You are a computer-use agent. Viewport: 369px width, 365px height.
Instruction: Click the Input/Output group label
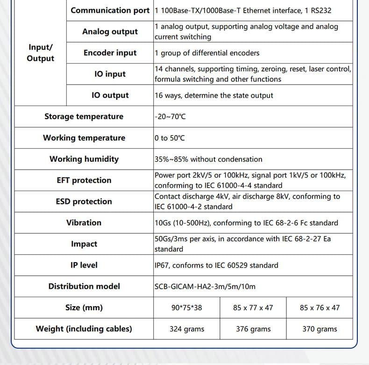(x=40, y=53)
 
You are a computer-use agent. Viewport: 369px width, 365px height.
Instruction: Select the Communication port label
(x=110, y=10)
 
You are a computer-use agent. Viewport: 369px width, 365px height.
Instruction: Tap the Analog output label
(x=110, y=31)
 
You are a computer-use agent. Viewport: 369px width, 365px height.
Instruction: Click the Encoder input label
(x=110, y=53)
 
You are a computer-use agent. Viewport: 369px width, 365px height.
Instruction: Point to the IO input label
(x=110, y=74)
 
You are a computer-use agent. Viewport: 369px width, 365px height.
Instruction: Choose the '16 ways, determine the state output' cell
(x=214, y=95)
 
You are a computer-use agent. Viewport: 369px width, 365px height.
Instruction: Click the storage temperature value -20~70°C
(x=170, y=116)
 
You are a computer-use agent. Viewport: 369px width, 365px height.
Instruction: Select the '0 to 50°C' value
(x=170, y=138)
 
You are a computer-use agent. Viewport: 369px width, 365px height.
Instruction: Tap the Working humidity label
(x=84, y=159)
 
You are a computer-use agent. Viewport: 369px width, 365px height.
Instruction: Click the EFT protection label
(x=84, y=180)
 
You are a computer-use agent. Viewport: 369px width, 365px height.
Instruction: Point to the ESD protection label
(x=84, y=201)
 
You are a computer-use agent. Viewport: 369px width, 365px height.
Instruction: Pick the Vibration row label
(x=84, y=222)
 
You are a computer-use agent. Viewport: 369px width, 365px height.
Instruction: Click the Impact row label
(x=84, y=244)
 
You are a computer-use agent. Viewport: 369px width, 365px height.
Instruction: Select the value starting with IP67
(x=216, y=265)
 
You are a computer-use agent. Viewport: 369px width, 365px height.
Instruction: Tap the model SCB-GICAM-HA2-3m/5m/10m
(x=205, y=286)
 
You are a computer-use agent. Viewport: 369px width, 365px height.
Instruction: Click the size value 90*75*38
(x=187, y=308)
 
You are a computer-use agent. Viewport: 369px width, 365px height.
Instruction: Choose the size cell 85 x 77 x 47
(x=253, y=308)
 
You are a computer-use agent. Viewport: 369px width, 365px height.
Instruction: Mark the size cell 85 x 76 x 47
(x=319, y=308)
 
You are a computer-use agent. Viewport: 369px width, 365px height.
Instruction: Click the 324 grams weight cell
(x=187, y=329)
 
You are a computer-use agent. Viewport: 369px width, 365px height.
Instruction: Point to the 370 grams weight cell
(x=319, y=329)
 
